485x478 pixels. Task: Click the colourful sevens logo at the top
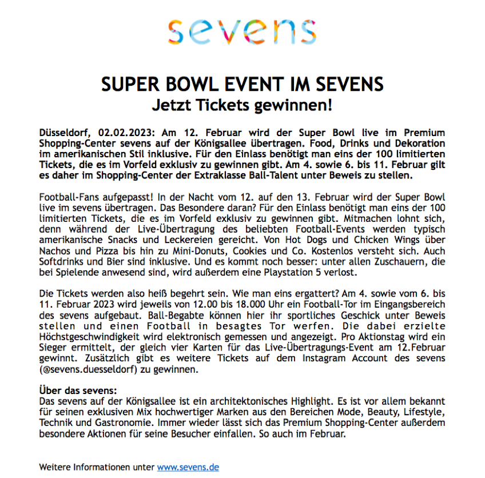point(242,32)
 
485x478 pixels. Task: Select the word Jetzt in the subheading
point(172,106)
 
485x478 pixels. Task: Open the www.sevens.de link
point(188,467)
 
